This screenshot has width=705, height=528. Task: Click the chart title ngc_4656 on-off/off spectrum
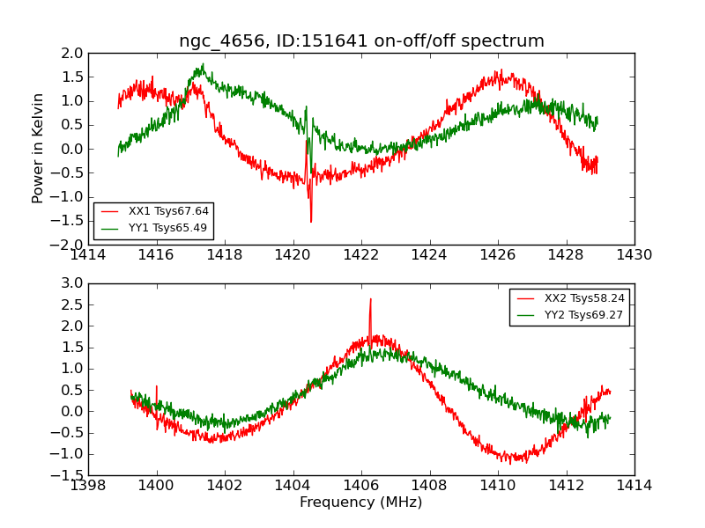tap(361, 41)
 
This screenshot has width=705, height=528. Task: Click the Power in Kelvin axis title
tap(38, 148)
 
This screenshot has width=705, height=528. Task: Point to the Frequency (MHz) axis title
tap(361, 502)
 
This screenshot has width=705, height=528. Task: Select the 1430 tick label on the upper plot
tap(634, 255)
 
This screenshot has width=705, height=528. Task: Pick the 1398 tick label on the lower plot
tap(89, 485)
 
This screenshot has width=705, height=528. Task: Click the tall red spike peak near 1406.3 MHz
tap(370, 299)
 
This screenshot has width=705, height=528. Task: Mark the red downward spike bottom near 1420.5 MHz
tap(311, 221)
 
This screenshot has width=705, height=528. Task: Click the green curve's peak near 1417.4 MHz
tap(203, 64)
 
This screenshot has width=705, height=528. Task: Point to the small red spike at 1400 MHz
tap(157, 386)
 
